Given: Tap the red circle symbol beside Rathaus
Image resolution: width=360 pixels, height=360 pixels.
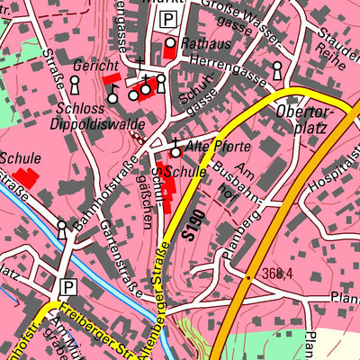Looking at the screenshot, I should pyautogui.click(x=170, y=43).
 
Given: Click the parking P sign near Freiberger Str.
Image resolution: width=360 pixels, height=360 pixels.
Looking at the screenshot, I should pyautogui.click(x=67, y=286).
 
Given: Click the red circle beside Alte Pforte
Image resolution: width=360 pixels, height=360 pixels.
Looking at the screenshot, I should pyautogui.click(x=176, y=153).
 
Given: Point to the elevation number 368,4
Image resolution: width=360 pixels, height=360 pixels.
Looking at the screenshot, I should pyautogui.click(x=279, y=273).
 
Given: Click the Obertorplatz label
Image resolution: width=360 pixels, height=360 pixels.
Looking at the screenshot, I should pyautogui.click(x=306, y=119).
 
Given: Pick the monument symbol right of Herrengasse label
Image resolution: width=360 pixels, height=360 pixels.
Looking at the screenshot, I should pyautogui.click(x=276, y=69).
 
